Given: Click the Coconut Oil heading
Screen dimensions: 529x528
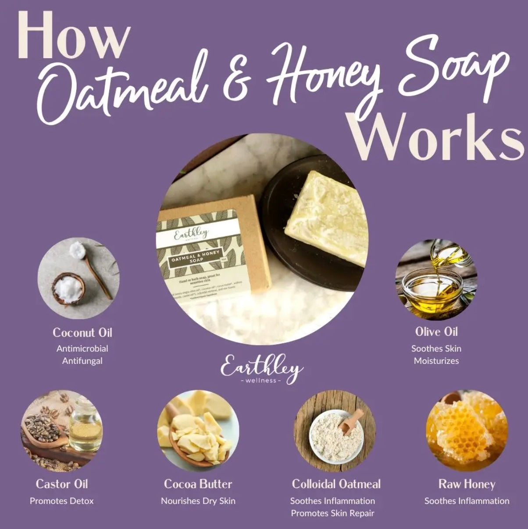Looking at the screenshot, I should (x=82, y=332).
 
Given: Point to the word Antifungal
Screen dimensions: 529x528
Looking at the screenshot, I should (x=82, y=361).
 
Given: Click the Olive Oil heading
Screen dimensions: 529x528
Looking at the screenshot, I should (x=436, y=332).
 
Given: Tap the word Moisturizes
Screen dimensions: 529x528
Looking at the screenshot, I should (x=436, y=361).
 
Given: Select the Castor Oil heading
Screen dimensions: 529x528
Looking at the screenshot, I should (x=62, y=484).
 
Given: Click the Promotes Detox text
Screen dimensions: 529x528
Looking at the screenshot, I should (x=62, y=501).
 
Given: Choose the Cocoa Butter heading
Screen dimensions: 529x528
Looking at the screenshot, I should (x=198, y=484).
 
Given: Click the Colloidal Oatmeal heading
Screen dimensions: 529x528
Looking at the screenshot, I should (x=336, y=484).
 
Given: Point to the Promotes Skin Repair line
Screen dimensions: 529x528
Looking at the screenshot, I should (x=332, y=513).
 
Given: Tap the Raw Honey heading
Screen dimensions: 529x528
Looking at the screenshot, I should (x=467, y=484).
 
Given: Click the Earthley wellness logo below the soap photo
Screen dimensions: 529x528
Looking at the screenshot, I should (x=261, y=370).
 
